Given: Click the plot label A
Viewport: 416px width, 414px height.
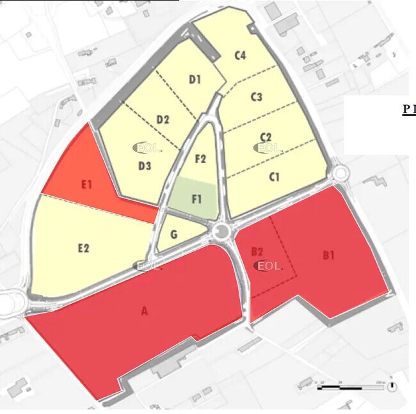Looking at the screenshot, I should (145, 312).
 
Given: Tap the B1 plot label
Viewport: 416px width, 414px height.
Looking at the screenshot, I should (329, 255).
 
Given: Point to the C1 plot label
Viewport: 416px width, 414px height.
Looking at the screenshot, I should (275, 177).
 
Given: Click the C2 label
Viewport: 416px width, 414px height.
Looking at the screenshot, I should (266, 137).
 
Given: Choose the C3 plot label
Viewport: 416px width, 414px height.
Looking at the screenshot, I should (257, 97).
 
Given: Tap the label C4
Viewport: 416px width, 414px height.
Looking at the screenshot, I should (240, 56).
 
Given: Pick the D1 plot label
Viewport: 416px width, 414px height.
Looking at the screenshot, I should (195, 79).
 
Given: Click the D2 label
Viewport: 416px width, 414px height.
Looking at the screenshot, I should (163, 120).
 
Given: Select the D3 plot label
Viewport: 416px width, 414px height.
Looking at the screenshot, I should (145, 166).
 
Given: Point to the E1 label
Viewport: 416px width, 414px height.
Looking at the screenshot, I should (87, 184).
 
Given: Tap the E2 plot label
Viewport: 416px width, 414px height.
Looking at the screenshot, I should (83, 248).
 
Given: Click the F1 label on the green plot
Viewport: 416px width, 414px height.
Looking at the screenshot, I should (197, 198).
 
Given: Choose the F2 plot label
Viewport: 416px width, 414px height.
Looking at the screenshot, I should (200, 159).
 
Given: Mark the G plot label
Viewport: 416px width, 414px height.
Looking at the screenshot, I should (173, 235).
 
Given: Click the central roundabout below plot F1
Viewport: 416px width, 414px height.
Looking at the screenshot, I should (222, 231).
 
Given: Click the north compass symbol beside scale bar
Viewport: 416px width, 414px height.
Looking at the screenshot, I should (391, 386).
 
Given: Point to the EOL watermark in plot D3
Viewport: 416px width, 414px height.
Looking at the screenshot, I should (147, 148).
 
